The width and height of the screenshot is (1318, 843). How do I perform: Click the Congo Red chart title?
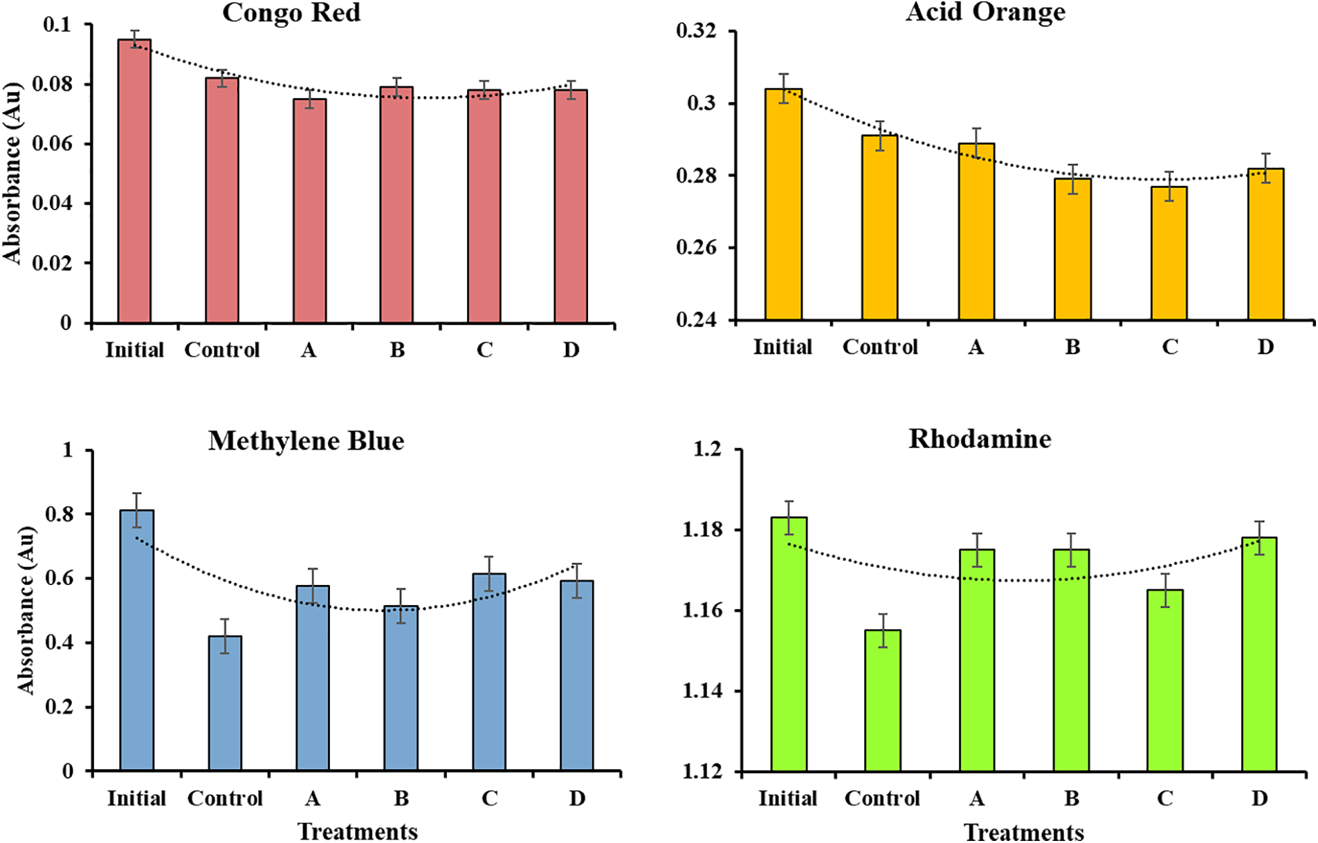coord(291,13)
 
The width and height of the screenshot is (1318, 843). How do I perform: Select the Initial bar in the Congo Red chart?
coord(134,181)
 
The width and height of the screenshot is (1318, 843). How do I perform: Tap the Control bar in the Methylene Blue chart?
coord(225,703)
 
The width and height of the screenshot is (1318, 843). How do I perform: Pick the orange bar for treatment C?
coord(1169,253)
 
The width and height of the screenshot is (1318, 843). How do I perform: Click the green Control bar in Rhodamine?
coord(883,700)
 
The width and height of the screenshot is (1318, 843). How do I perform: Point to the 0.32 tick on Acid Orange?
coord(696,31)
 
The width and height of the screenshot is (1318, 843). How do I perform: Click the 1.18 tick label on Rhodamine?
coord(702,530)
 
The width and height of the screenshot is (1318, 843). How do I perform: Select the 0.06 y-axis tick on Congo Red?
coord(52,144)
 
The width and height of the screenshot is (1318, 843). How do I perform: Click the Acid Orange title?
coord(985,12)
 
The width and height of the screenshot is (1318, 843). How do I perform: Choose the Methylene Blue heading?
coord(306,441)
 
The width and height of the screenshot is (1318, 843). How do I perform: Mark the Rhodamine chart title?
coord(980,439)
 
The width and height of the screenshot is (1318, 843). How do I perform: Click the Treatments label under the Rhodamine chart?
coord(1023,832)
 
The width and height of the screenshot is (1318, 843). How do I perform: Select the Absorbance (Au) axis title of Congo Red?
coord(12,173)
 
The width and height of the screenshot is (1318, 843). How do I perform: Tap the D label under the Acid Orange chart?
coord(1265,346)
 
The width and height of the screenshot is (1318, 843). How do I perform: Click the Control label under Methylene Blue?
coord(225,799)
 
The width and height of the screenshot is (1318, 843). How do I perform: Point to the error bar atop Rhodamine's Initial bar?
coord(789,517)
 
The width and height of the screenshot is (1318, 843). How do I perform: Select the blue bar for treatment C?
coord(489,671)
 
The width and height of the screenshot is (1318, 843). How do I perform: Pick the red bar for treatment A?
coord(309,211)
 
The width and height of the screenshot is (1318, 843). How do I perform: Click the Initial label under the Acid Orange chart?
coord(782,346)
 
